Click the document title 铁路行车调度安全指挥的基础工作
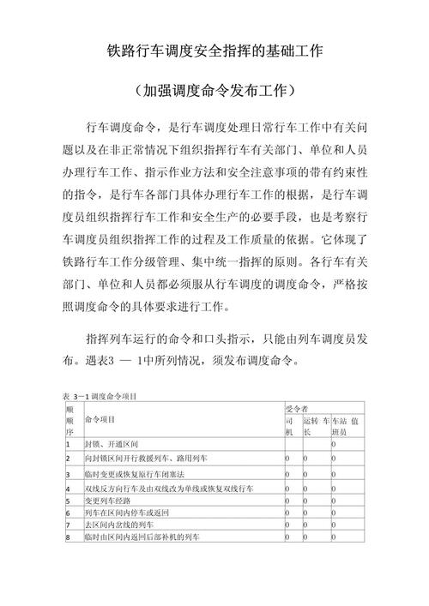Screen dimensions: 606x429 pyautogui.click(x=214, y=51)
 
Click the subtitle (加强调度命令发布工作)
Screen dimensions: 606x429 pyautogui.click(x=214, y=89)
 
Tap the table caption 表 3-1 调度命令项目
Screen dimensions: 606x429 pyautogui.click(x=100, y=397)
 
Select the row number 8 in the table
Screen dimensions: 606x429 pyautogui.click(x=68, y=537)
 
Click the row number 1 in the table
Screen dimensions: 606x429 pyautogui.click(x=68, y=446)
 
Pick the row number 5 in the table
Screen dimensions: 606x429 pyautogui.click(x=68, y=499)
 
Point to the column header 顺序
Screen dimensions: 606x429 pyautogui.click(x=69, y=420)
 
